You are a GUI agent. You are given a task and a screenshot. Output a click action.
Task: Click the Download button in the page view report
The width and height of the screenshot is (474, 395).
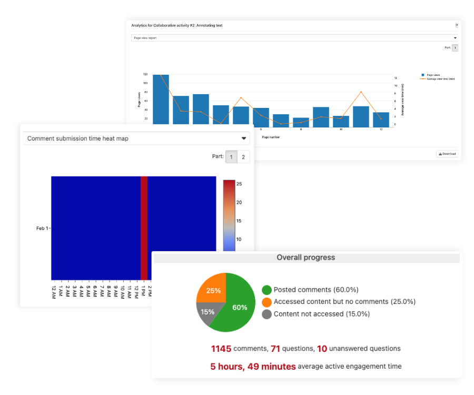[x=447, y=154]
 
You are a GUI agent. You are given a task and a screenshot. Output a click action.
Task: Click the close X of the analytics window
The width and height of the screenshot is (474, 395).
[x=457, y=25]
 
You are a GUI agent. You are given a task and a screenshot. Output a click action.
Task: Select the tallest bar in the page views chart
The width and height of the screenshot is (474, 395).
[x=161, y=99]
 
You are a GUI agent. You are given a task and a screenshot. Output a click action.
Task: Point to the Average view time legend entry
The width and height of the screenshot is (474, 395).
[x=437, y=79]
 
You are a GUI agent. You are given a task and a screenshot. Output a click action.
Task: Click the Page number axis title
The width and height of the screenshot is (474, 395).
[x=271, y=137]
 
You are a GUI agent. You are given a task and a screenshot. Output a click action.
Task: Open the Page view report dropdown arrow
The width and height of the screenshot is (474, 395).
[x=455, y=38]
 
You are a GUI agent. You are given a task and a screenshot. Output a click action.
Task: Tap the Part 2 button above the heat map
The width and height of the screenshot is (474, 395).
[x=243, y=157]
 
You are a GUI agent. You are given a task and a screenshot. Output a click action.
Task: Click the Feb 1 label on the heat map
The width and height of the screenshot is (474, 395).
[x=42, y=228]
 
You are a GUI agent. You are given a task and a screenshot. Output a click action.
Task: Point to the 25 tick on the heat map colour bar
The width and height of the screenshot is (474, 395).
[x=239, y=184]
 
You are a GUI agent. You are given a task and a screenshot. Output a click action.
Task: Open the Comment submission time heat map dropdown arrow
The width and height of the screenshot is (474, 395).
[x=244, y=139]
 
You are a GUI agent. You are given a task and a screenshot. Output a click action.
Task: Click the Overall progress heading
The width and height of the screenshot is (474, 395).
[x=305, y=258]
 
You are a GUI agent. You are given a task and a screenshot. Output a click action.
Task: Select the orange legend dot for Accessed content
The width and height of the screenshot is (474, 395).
[x=267, y=302]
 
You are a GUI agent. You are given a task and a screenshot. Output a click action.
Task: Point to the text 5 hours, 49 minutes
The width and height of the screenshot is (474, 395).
[x=253, y=367]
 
